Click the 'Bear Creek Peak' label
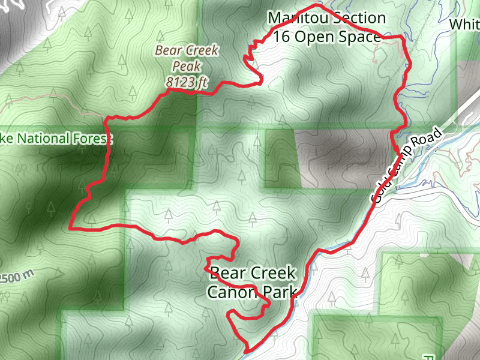(x=187, y=58)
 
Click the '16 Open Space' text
(x=326, y=37)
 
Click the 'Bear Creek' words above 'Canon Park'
(x=253, y=274)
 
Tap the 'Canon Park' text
(x=252, y=292)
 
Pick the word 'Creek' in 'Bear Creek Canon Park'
(x=273, y=274)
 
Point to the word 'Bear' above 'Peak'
(x=169, y=50)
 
